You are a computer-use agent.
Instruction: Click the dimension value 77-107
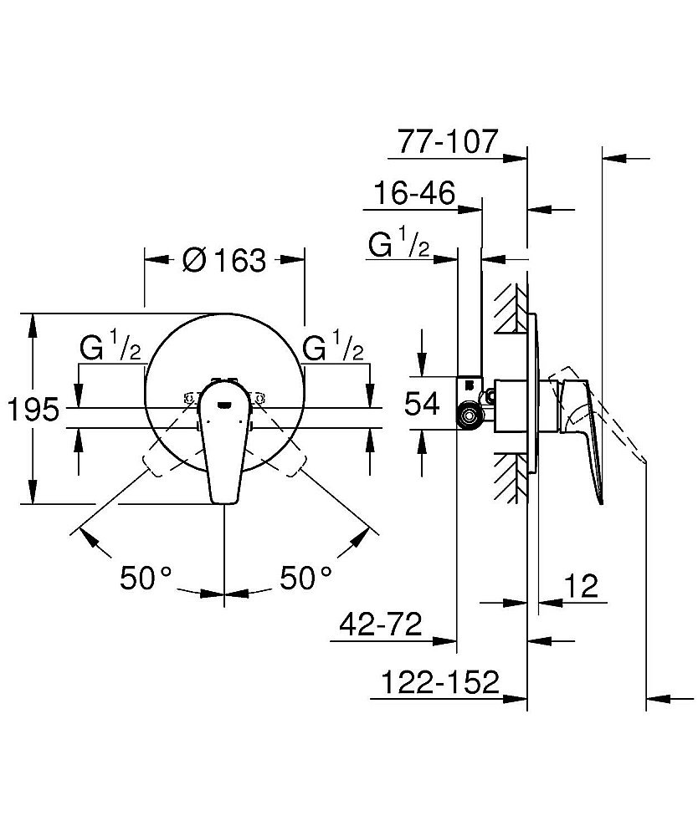click(x=448, y=141)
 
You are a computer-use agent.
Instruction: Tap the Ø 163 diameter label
click(x=223, y=261)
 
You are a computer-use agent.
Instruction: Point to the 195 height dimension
click(x=33, y=410)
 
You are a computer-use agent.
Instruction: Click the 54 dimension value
click(x=423, y=405)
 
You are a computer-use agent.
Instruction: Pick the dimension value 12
click(x=581, y=587)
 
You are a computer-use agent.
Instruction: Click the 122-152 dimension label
click(x=439, y=683)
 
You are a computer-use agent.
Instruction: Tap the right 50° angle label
click(x=305, y=578)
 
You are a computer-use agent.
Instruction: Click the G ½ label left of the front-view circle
click(x=110, y=348)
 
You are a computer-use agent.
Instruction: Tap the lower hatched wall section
click(x=510, y=479)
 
